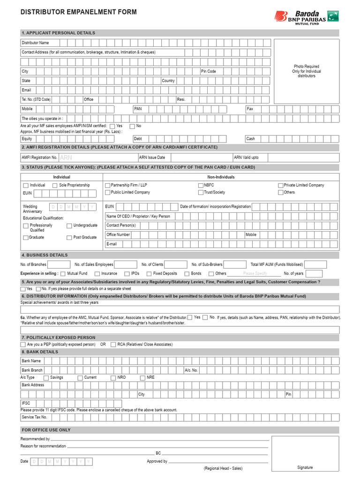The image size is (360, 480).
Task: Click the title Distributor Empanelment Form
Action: tap(79, 12)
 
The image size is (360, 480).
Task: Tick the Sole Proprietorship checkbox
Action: tap(55, 186)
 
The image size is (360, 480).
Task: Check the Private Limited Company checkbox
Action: tap(280, 186)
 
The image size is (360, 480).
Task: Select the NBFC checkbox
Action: tap(200, 186)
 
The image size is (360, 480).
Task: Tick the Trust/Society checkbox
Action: tap(200, 193)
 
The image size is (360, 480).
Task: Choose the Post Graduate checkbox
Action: tap(69, 238)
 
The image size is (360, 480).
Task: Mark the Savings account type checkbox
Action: tap(46, 378)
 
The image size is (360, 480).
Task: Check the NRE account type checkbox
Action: tap(142, 378)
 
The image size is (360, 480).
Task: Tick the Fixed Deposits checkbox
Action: tap(149, 274)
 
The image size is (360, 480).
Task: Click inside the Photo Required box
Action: tap(307, 71)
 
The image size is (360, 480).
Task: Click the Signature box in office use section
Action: tap(305, 454)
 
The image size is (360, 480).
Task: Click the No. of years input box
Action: tap(314, 274)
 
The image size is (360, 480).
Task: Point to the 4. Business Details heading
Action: tap(45, 255)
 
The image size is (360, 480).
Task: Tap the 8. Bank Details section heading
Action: tap(40, 352)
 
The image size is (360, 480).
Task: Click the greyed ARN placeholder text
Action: tap(66, 158)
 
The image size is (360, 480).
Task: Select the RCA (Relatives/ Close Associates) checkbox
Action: tap(113, 345)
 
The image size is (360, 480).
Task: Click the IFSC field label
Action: tap(26, 403)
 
